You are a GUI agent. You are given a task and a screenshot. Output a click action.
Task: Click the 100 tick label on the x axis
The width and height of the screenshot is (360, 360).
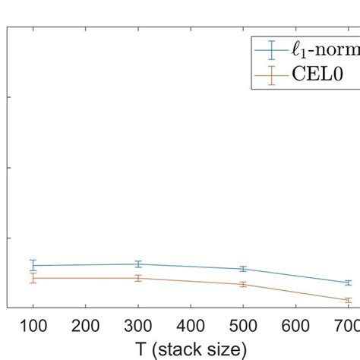click(x=33, y=326)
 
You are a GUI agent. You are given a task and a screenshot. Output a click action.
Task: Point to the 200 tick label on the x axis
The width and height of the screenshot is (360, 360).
click(x=86, y=326)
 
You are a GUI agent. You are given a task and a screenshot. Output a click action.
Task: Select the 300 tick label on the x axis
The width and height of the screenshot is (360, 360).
click(x=138, y=326)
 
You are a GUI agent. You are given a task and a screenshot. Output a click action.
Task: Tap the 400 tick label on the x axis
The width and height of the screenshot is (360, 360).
click(x=191, y=326)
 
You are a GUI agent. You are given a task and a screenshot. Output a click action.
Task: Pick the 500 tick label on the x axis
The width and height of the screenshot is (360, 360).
click(x=243, y=326)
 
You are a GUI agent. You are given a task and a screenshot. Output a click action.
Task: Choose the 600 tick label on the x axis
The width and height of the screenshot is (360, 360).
click(x=295, y=326)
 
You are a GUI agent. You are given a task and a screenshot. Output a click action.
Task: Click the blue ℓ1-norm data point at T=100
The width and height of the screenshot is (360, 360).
click(x=33, y=265)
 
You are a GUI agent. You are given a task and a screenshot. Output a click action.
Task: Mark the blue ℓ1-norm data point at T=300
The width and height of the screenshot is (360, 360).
click(x=138, y=264)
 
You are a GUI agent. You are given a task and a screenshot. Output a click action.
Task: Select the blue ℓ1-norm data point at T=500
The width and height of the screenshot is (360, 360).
click(x=243, y=269)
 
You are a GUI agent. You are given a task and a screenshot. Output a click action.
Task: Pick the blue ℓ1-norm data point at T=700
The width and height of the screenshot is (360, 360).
click(x=348, y=283)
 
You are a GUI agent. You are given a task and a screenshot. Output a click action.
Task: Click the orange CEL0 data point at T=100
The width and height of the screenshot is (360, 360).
click(x=33, y=278)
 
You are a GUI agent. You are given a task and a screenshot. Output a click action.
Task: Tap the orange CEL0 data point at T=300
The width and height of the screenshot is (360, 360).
click(x=138, y=278)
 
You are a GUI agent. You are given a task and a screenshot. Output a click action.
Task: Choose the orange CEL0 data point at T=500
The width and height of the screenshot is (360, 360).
click(x=243, y=284)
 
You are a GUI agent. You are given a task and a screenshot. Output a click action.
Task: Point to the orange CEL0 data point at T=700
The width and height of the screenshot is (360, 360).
click(x=348, y=300)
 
